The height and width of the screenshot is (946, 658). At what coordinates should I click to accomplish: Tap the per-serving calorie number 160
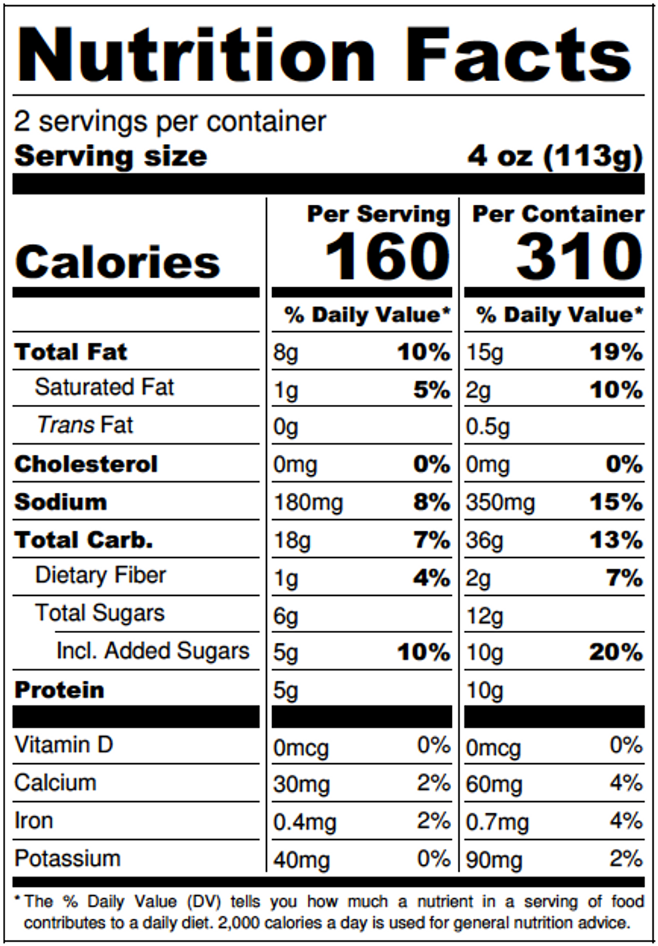387,257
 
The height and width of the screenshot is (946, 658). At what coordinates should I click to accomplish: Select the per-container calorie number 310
579,257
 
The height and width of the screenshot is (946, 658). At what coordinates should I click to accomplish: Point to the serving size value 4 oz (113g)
555,156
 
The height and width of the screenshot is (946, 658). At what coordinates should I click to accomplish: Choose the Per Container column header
558,214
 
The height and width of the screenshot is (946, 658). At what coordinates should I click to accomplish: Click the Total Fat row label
71,352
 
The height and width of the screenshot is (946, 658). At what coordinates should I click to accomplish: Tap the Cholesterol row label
86,464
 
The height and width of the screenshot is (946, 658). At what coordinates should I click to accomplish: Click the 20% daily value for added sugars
616,652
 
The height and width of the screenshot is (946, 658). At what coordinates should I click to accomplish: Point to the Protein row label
59,690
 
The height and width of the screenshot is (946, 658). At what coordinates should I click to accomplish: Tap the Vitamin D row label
64,746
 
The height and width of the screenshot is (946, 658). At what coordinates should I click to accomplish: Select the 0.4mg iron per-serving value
304,822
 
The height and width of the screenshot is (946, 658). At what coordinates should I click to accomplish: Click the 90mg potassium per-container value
494,860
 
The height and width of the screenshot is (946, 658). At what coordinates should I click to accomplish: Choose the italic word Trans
66,425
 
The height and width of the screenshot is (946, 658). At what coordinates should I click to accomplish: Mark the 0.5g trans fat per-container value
488,427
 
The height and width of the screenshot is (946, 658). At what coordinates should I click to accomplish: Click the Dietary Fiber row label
100,575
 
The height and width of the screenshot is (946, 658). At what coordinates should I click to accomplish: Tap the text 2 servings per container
170,121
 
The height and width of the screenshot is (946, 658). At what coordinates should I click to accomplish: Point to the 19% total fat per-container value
616,353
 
